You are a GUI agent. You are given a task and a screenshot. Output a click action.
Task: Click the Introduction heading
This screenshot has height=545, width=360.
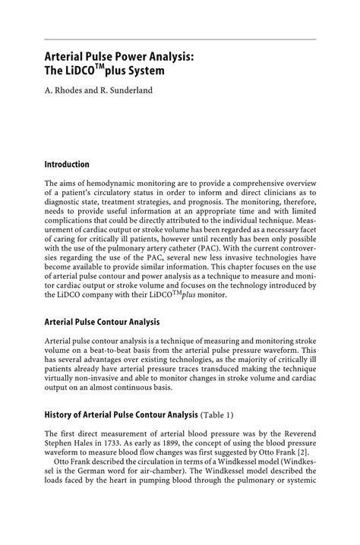[x=67, y=164]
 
